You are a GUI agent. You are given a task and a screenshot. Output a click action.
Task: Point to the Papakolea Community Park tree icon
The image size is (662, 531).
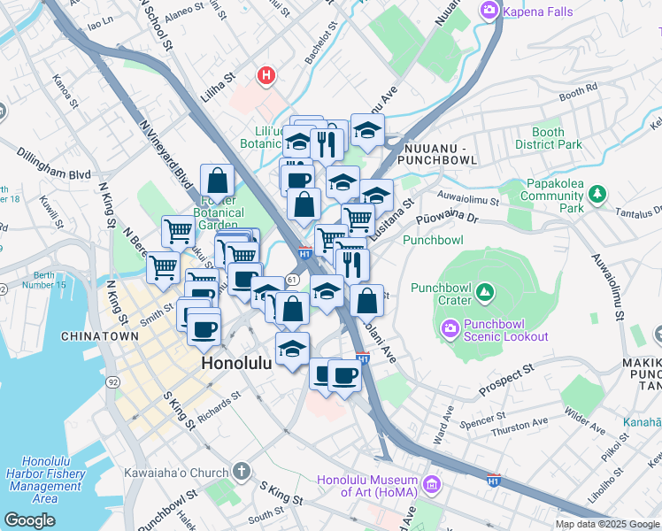tap(599, 192)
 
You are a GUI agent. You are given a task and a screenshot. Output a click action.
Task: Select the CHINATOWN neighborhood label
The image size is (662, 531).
tap(99, 337)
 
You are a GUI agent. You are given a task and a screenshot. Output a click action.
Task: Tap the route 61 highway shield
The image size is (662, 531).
tap(292, 279)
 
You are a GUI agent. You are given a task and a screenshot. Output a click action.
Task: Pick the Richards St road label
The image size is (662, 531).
tap(219, 405)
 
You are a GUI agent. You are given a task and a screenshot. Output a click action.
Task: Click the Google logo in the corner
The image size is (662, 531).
tap(30, 519)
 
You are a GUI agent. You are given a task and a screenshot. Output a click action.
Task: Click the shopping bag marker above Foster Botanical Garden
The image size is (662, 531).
tap(217, 181)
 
